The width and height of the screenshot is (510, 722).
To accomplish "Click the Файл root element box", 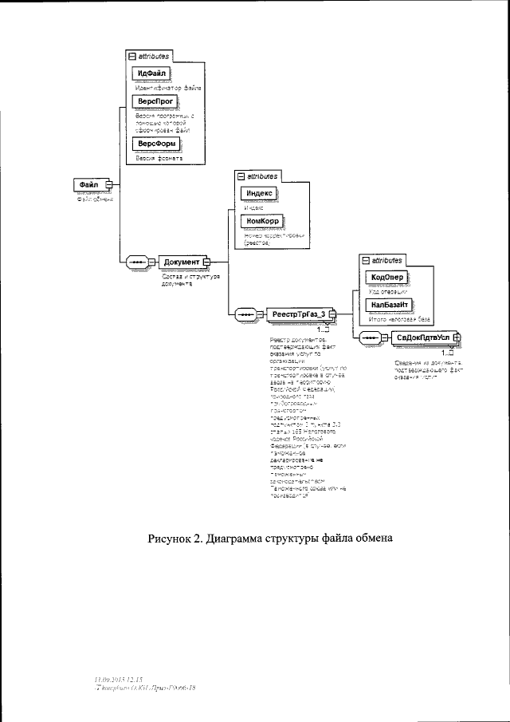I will pos(88,183).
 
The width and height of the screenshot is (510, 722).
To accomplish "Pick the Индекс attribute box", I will pos(257,192).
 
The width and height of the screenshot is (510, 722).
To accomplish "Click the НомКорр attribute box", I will pos(257,221).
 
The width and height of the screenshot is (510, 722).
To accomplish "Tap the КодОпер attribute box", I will pos(386,277).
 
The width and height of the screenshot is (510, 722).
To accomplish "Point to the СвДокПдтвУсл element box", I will pos(423,338).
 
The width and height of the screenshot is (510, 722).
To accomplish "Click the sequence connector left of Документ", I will pos(136,262).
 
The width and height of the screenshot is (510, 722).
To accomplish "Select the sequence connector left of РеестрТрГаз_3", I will pos(244,315).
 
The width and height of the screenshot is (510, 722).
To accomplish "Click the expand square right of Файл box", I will pos(110,183).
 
